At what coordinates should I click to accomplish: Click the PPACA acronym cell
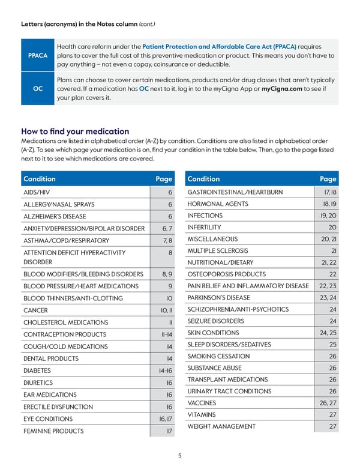pyautogui.click(x=37, y=55)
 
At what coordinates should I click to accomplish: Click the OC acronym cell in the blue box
pyautogui.click(x=37, y=89)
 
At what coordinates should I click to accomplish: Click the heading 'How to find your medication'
pyautogui.click(x=75, y=131)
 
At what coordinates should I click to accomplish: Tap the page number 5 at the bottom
pyautogui.click(x=180, y=455)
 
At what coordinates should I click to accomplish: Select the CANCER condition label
pyautogui.click(x=35, y=310)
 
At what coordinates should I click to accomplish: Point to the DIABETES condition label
pyautogui.click(x=38, y=371)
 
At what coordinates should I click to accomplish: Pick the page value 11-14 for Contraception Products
pyautogui.click(x=166, y=334)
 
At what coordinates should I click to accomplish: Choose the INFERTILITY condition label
pyautogui.click(x=204, y=228)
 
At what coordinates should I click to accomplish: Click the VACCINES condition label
pyautogui.click(x=202, y=402)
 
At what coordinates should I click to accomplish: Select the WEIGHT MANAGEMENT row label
pyautogui.click(x=221, y=426)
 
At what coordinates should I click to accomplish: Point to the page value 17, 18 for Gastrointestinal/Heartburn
pyautogui.click(x=329, y=192)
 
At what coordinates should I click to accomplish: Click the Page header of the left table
pyautogui.click(x=164, y=178)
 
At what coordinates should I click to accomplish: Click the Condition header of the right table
pyautogui.click(x=203, y=178)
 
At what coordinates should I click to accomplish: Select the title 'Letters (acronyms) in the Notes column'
pyautogui.click(x=79, y=24)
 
